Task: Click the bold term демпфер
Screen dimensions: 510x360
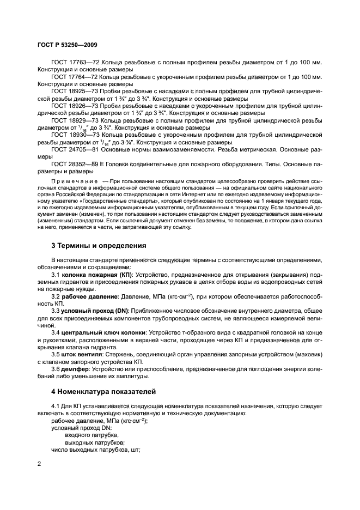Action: point(75,369)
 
